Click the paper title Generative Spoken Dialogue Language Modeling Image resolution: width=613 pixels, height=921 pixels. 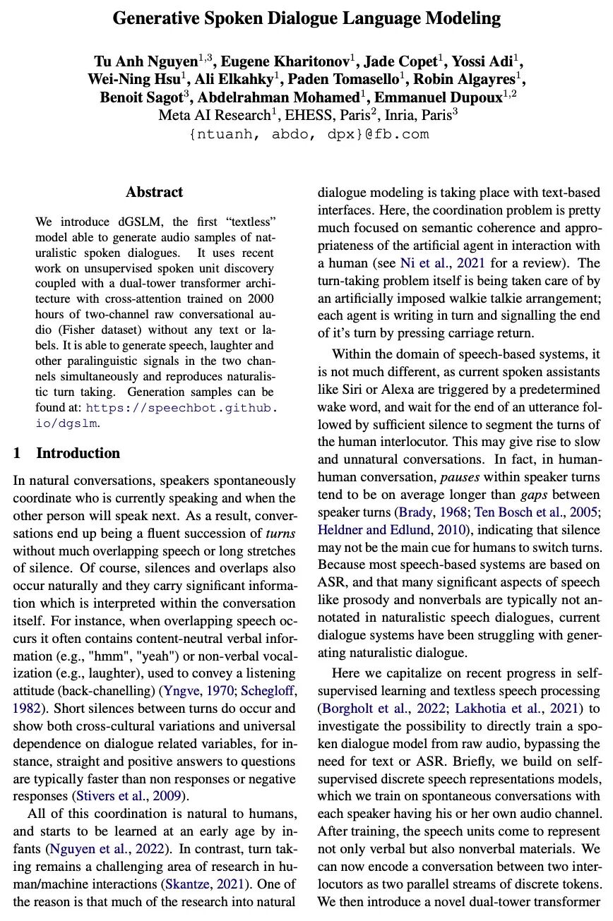(x=306, y=18)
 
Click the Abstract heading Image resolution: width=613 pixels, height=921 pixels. (x=154, y=192)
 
